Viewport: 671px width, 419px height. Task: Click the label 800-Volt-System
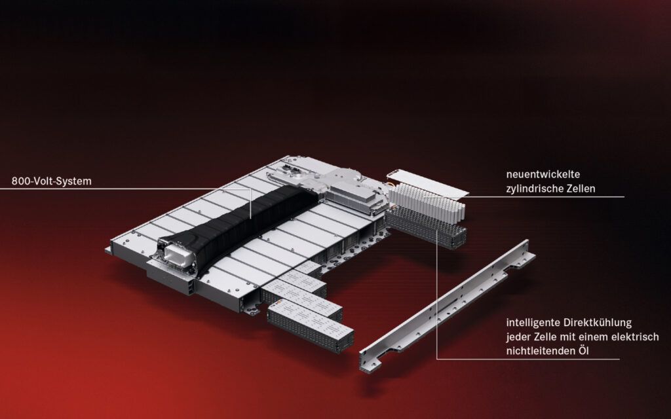coord(51,181)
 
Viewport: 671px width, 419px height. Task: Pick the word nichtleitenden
coord(540,351)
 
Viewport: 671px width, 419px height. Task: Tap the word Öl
coord(583,351)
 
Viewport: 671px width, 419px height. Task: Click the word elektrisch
coord(635,337)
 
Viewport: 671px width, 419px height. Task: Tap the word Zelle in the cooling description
coord(546,337)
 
